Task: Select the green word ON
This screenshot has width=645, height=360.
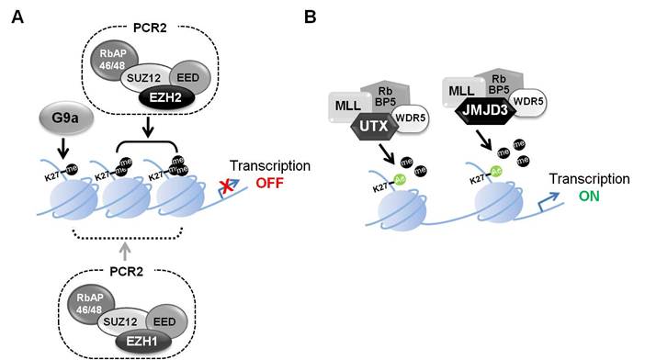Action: click(x=594, y=197)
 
